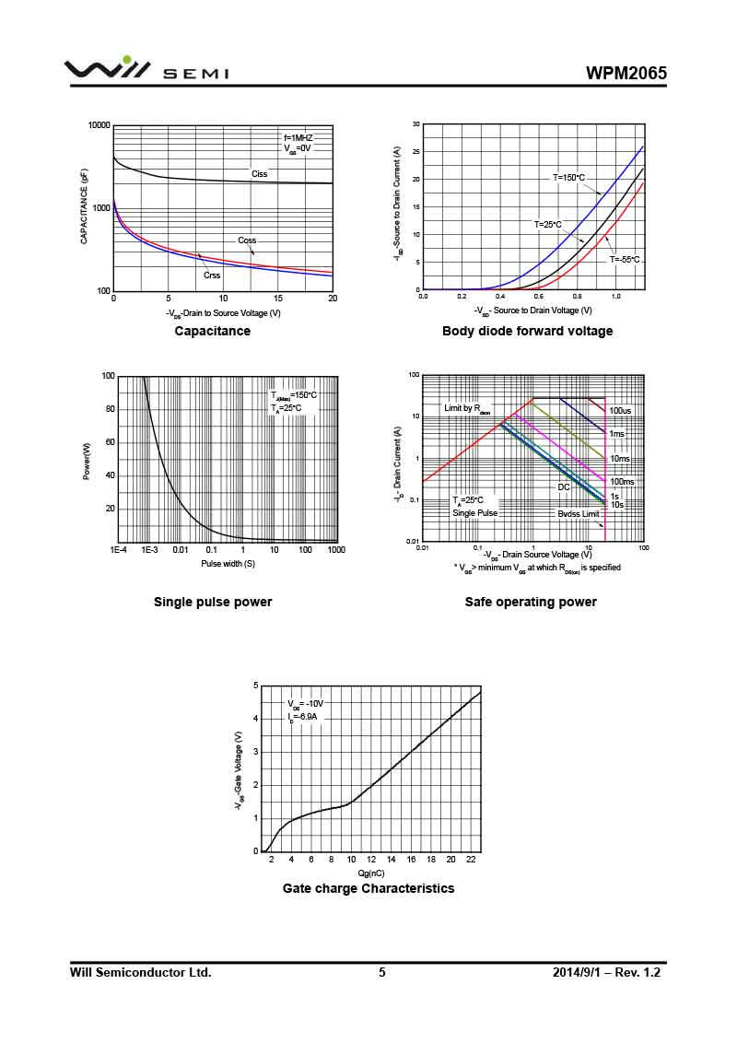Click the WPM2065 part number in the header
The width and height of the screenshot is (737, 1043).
point(626,74)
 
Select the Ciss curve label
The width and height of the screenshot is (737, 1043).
point(260,174)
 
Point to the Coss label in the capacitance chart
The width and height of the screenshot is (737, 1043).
point(247,240)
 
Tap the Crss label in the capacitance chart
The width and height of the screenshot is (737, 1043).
point(212,275)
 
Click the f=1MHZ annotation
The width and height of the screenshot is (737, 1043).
point(298,137)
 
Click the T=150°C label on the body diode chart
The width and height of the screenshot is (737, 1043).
point(568,177)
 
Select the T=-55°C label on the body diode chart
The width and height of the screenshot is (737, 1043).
point(625,260)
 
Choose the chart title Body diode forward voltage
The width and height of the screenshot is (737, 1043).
point(527,331)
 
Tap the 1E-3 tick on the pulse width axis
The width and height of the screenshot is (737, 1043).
point(149,550)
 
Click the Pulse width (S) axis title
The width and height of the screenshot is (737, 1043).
point(228,563)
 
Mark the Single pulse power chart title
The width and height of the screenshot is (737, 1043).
point(213,602)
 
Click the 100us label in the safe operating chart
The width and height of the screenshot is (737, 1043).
point(620,410)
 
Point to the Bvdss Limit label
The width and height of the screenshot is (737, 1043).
point(578,513)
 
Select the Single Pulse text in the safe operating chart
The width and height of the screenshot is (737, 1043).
point(474,513)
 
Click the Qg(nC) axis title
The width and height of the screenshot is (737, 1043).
point(371,872)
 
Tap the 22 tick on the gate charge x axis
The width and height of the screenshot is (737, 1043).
point(471,860)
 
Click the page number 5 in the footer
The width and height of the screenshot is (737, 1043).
point(382,972)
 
